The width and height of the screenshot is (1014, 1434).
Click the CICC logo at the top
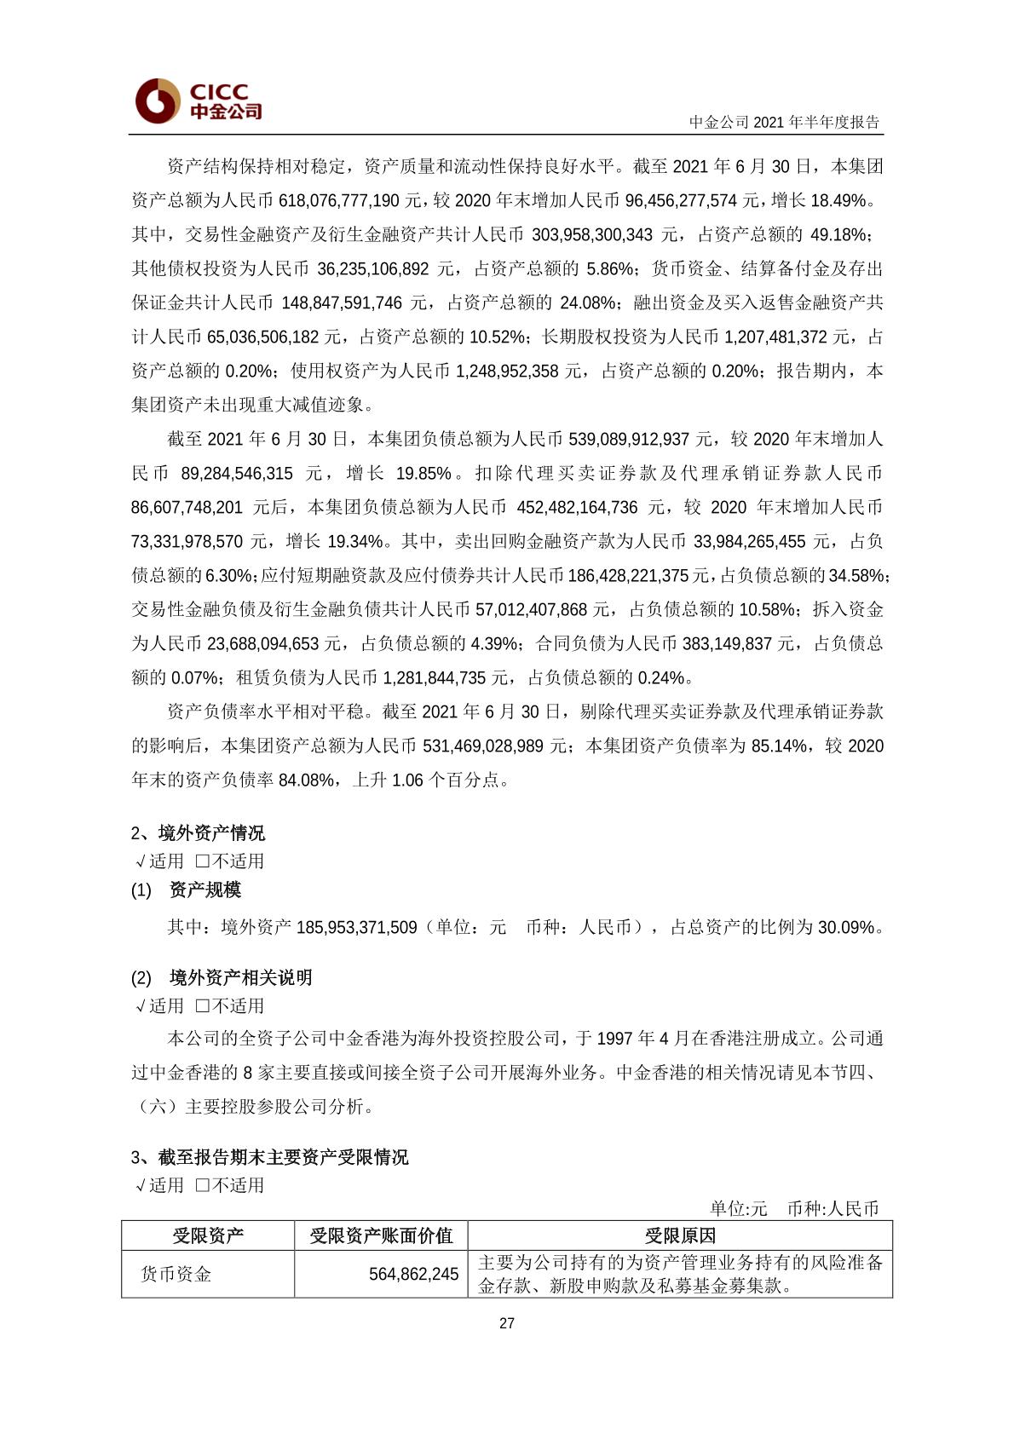198,101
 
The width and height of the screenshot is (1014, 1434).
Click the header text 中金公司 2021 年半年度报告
784,122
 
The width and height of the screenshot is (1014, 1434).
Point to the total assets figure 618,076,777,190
339,200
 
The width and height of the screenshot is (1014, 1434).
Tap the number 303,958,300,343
592,234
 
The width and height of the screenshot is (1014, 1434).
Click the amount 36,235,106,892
373,268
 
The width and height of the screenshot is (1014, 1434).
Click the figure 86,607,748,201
187,507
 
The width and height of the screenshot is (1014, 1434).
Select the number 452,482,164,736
577,507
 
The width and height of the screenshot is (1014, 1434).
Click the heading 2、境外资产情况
198,832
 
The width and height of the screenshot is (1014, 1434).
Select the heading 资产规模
205,890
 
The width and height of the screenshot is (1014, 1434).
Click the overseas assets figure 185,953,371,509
357,927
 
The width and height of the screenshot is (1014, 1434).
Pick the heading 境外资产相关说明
241,977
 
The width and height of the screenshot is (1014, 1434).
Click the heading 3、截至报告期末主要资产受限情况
270,1156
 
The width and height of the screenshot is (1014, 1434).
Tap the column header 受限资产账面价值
381,1235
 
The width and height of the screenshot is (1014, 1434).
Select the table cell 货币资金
176,1274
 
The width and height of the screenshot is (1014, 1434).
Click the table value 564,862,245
413,1274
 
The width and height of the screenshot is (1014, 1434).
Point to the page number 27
507,1323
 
